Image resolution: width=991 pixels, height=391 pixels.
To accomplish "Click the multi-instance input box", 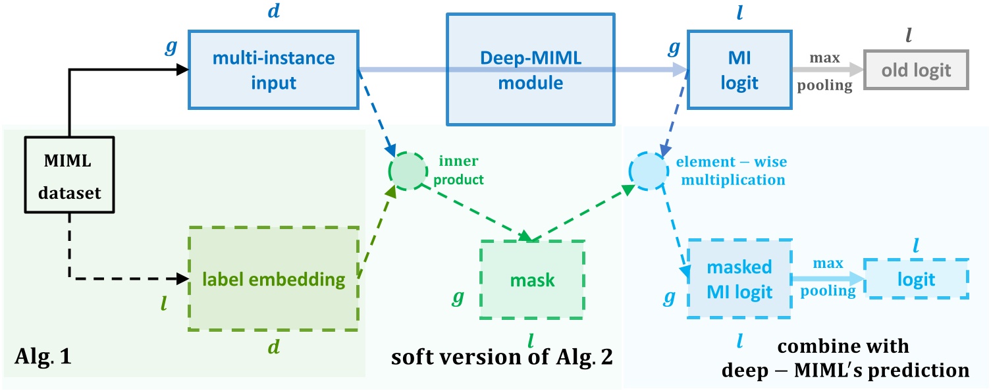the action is coord(273,70).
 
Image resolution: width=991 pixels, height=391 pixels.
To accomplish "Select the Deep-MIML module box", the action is coord(531,69).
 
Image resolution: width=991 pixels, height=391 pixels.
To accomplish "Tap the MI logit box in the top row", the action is coord(739,70).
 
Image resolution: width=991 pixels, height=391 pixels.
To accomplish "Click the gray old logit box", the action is coord(916,70).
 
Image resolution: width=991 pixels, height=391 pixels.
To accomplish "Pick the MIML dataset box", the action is coord(69,174).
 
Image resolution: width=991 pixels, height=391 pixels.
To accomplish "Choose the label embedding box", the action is coord(273,278).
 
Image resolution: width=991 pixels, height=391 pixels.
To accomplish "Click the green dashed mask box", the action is coord(532,280).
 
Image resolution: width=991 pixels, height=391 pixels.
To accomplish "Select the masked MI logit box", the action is coord(739,278).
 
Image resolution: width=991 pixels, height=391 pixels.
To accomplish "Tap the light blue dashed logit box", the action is coord(916,278).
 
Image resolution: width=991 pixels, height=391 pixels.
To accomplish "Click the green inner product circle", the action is coord(408,171).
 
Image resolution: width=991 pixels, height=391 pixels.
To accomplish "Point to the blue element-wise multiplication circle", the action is coord(649,171).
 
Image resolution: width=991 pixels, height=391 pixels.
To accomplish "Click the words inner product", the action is coord(458,170).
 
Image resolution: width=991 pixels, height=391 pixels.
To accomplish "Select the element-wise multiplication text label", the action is coord(732,170).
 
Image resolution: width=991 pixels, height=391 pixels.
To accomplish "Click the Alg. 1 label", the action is coord(43,356).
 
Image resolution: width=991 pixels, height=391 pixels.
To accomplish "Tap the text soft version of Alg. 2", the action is coord(502,357).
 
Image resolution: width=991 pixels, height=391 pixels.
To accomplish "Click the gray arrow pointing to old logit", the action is coord(828,69).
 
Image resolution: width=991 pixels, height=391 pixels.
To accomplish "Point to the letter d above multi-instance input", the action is coord(274,11).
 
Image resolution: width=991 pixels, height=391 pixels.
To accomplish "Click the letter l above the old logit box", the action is coord(909,34).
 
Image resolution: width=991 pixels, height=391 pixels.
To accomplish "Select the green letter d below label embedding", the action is coord(274,347).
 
